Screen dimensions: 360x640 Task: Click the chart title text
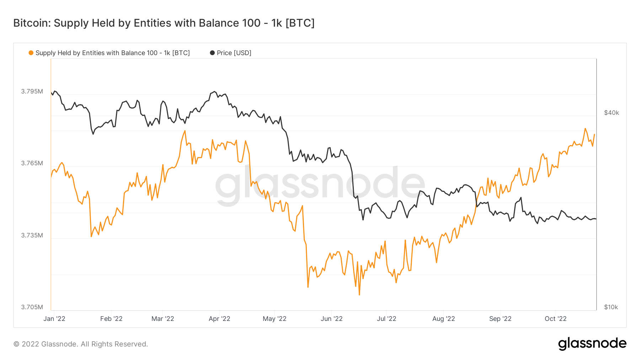(x=164, y=23)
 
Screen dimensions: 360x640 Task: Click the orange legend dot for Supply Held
(x=31, y=53)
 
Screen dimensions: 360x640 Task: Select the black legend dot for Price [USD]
(x=212, y=53)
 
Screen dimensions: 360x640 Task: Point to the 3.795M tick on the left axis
(x=32, y=91)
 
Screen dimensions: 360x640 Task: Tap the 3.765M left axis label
(x=32, y=163)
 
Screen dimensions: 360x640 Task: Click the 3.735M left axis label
(x=32, y=235)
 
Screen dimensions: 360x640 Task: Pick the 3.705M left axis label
(x=32, y=307)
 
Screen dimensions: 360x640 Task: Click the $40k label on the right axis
(x=612, y=113)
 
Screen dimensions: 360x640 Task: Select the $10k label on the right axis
(x=611, y=307)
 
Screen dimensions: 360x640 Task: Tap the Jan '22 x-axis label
(x=54, y=319)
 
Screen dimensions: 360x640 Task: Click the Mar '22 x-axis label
(x=163, y=319)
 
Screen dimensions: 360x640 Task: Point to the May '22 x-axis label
(x=274, y=319)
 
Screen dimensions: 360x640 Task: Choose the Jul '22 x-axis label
(x=386, y=319)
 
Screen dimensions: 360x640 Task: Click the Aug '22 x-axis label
(x=443, y=319)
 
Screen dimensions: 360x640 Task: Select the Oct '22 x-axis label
(x=555, y=319)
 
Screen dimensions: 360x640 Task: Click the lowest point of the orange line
(x=359, y=295)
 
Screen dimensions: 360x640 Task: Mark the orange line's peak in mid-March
(x=185, y=131)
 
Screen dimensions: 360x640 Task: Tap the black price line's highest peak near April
(x=214, y=92)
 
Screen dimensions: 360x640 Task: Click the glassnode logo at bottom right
(x=592, y=344)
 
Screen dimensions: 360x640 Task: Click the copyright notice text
(x=81, y=344)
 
